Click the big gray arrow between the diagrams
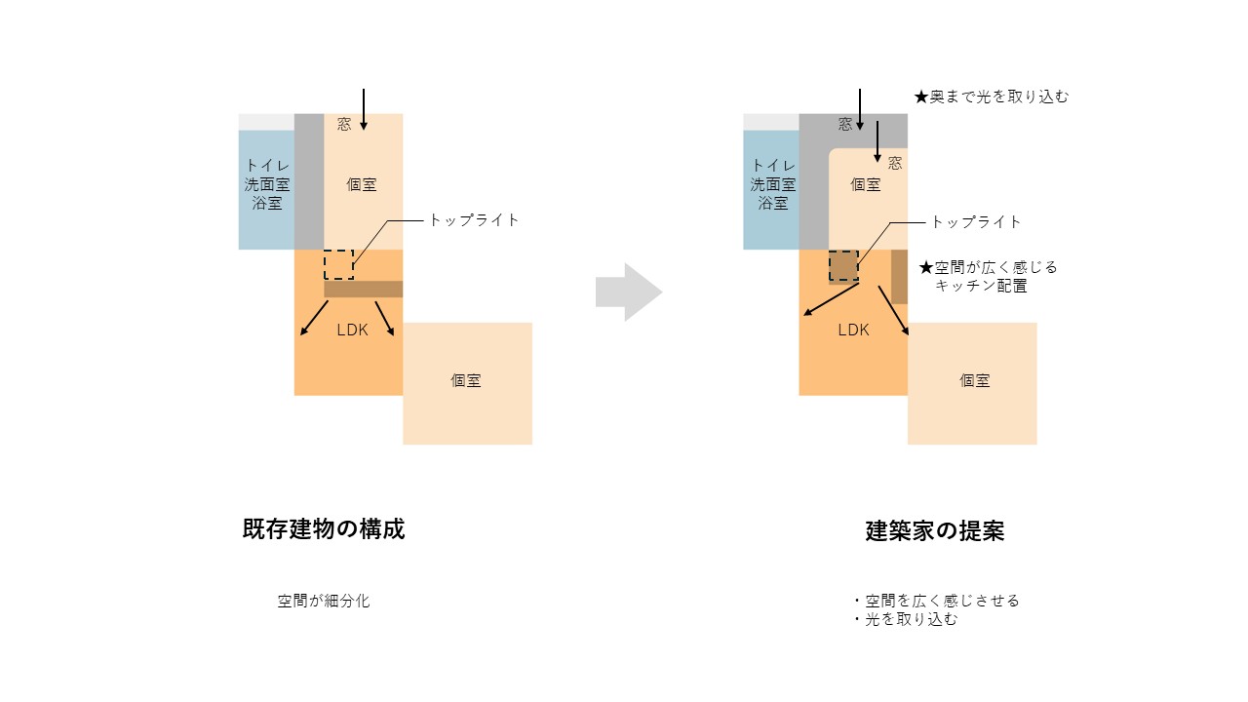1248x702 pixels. pos(629,292)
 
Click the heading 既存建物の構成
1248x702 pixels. pos(324,528)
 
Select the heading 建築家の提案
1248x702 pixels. pos(935,531)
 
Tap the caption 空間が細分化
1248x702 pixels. pos(324,601)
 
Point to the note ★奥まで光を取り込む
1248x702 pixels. pos(992,97)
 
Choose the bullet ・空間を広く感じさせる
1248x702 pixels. pos(935,601)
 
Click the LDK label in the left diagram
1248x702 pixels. pos(353,330)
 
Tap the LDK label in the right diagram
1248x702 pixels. pos(853,330)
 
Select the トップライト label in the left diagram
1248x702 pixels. pos(474,220)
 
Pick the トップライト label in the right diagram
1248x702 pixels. pos(976,222)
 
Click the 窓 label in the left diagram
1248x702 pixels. pos(344,124)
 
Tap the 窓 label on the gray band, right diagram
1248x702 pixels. pos(845,124)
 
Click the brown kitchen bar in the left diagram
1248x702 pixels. pos(364,289)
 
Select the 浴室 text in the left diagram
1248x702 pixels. pos(267,203)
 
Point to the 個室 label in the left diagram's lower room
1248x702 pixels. pos(466,380)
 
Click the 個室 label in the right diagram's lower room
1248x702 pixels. pos(974,380)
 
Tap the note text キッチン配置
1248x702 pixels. pos(981,286)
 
